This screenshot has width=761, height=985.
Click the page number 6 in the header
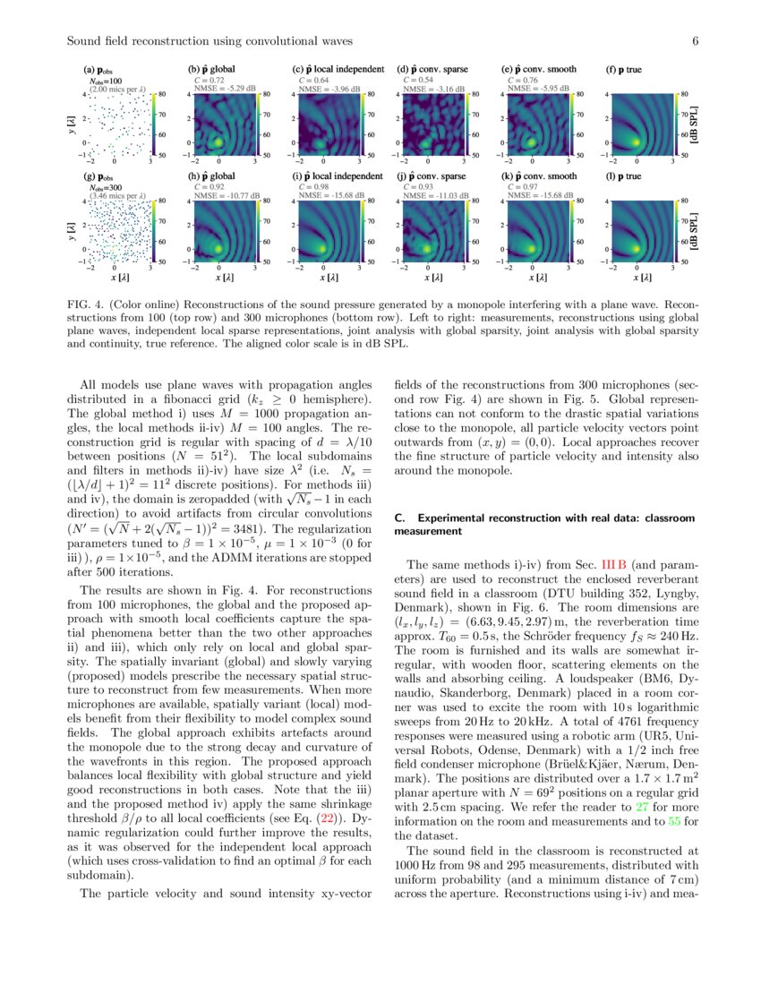[694, 40]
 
